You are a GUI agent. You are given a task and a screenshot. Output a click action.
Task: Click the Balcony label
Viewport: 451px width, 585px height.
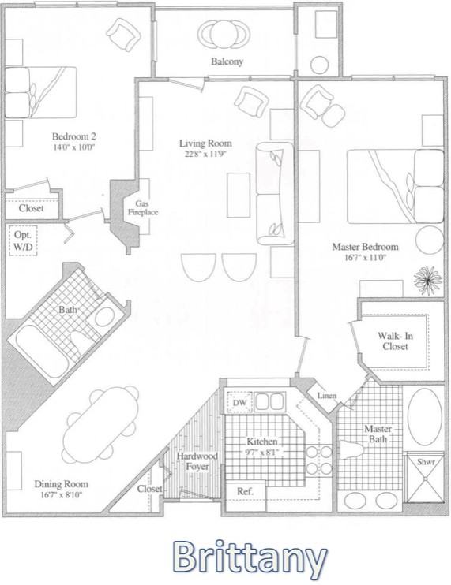tap(227, 61)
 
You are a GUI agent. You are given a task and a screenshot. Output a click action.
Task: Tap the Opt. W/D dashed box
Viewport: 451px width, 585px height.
tap(23, 240)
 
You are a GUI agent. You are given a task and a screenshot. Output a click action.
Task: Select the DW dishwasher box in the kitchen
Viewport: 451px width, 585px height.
tap(239, 403)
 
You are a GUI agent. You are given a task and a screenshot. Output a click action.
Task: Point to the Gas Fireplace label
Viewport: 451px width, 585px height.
tap(143, 208)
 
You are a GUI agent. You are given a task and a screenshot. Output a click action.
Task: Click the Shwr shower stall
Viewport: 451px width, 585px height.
tap(425, 477)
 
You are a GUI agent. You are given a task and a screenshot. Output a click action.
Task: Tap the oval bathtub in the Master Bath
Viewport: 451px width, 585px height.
tap(424, 417)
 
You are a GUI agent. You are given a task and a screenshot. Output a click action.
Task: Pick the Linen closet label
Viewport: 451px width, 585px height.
tap(327, 396)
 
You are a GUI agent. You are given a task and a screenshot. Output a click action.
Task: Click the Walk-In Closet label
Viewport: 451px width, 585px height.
tap(395, 341)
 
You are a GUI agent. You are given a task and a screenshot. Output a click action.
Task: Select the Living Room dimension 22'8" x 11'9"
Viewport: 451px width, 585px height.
tap(206, 154)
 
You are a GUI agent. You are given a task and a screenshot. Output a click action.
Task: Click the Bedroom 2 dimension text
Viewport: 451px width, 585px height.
tap(74, 147)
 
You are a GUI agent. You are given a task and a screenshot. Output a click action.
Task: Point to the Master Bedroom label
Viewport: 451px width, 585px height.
tap(365, 247)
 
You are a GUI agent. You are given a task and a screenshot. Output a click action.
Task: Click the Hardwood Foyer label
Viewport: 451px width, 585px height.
tap(197, 461)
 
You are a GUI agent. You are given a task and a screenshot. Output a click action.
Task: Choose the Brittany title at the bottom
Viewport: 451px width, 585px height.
tap(250, 558)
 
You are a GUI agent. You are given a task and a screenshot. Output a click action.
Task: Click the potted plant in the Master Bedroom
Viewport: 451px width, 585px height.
tap(428, 280)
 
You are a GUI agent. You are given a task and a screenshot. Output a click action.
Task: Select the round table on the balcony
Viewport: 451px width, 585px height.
tap(224, 34)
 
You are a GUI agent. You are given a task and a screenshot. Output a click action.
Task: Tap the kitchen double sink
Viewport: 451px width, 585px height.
tap(269, 402)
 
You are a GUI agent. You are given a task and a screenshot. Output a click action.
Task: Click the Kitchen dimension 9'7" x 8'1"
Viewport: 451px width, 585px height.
tap(262, 452)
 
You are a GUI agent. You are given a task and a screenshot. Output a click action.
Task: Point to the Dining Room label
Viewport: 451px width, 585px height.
tap(62, 484)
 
